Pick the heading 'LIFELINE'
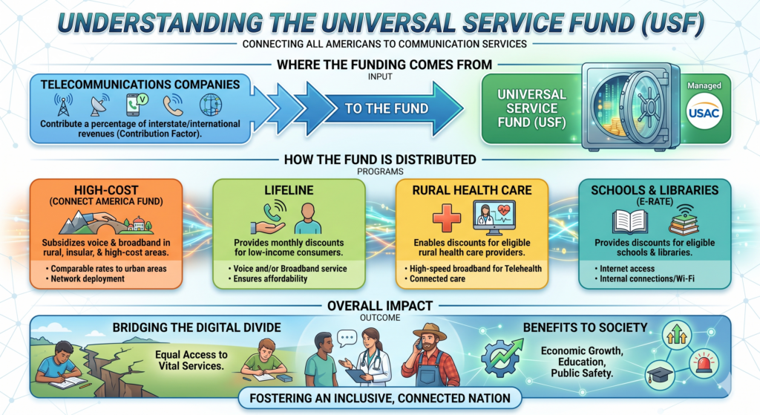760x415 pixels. coord(289,191)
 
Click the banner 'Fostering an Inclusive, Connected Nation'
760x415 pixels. coord(379,398)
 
